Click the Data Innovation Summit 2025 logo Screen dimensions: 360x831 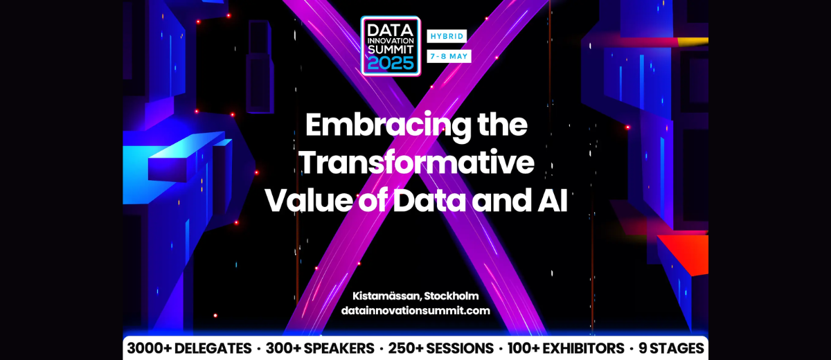(x=391, y=46)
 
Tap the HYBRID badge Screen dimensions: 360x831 (x=447, y=35)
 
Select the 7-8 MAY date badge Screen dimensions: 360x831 (x=449, y=56)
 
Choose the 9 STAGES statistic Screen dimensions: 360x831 (x=667, y=348)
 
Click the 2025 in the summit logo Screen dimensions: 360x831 (x=391, y=64)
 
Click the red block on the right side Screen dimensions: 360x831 (x=686, y=253)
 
